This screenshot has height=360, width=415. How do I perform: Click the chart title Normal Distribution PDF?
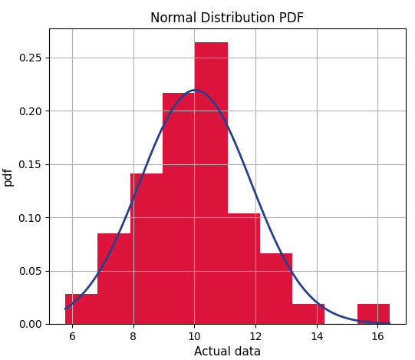tap(227, 18)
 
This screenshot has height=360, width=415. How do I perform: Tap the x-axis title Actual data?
tap(227, 352)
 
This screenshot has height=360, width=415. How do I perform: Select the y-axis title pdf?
tap(8, 177)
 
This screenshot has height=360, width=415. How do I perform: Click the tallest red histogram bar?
tap(211, 184)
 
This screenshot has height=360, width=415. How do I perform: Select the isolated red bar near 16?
tap(374, 314)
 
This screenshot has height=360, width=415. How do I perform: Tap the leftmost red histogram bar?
tap(81, 309)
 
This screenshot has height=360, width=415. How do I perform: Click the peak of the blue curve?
tap(195, 90)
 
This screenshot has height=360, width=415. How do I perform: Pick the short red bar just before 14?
tap(308, 314)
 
